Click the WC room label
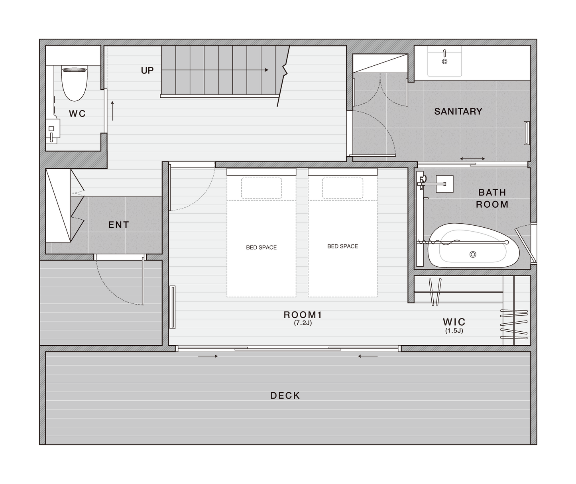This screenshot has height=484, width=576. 77,113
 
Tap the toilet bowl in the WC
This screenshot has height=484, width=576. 74,84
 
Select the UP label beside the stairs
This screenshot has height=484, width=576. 147,71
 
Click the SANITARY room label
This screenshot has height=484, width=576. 458,111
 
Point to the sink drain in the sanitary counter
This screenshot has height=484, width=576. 444,61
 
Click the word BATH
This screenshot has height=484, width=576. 492,192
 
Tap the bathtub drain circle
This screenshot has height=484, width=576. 473,254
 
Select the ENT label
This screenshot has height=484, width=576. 119,225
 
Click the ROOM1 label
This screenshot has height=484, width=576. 303,315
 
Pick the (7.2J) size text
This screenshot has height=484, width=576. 303,323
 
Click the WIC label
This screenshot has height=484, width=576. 454,322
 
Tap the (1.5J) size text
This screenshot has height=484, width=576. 454,331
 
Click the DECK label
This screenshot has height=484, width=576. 285,396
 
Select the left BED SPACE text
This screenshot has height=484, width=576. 261,248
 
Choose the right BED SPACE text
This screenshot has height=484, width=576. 343,246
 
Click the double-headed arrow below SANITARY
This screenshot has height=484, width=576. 472,159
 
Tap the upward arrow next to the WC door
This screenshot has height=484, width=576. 112,111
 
